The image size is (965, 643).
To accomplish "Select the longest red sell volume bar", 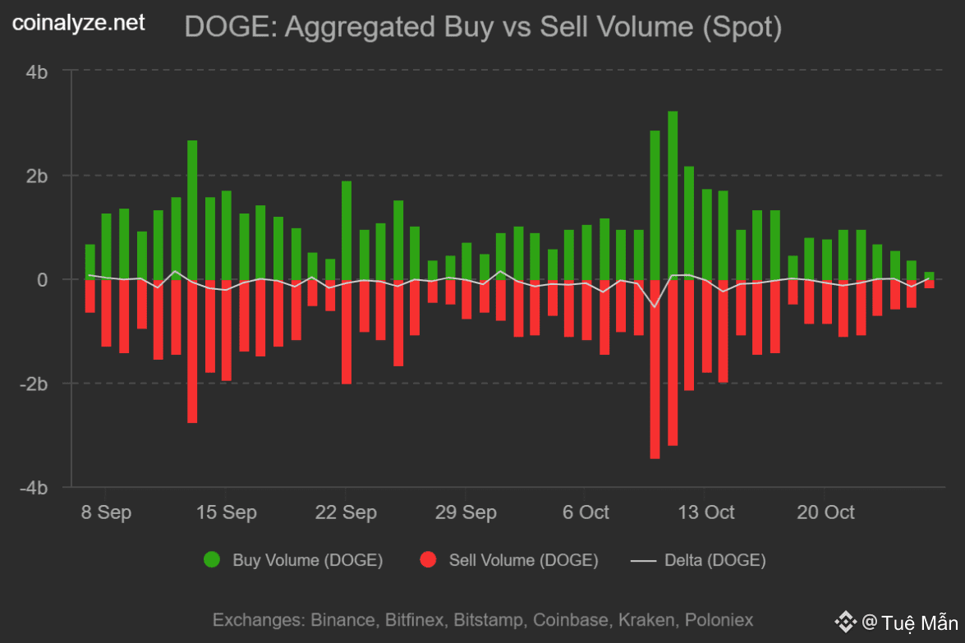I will [x=655, y=369].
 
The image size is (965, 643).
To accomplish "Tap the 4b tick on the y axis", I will [x=37, y=72].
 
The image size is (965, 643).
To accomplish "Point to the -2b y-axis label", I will [x=34, y=384].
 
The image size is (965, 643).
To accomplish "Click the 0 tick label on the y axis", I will [x=43, y=280].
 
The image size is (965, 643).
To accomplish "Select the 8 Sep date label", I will [x=106, y=512].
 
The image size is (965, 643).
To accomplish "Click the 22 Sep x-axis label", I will [x=346, y=512].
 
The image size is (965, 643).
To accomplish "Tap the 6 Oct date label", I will [x=586, y=512].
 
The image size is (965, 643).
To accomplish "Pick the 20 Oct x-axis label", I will [x=825, y=512].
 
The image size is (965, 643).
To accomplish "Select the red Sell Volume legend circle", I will [x=428, y=561].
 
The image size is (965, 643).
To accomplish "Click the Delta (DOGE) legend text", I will [x=715, y=561].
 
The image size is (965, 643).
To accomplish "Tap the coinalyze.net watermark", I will [x=79, y=24].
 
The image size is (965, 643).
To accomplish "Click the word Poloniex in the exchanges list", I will [x=719, y=619].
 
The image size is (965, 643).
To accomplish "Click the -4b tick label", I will [x=34, y=488].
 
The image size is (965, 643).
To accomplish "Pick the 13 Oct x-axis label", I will [x=705, y=512].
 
